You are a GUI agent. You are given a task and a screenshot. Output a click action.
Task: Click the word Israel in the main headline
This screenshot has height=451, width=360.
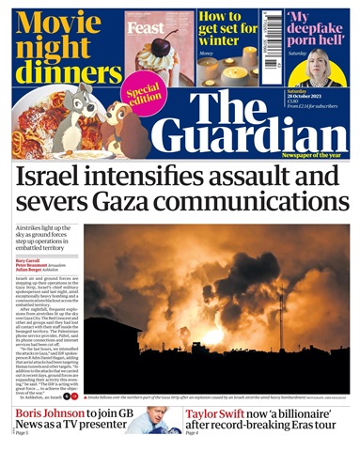(x=59, y=177)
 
